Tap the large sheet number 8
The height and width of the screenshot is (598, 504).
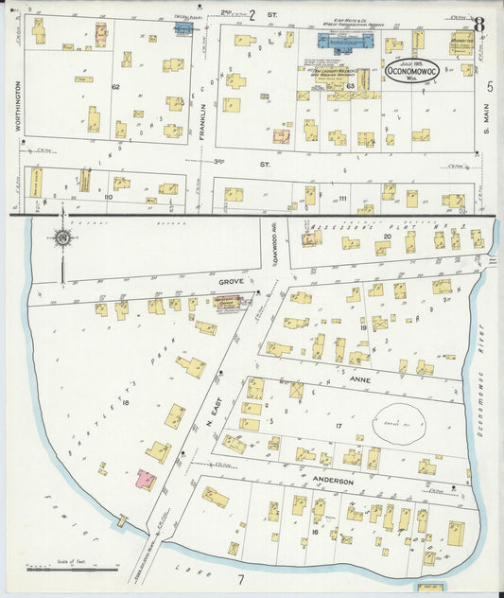479,25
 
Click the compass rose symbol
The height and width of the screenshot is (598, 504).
62,237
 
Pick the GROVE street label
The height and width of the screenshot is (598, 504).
232,282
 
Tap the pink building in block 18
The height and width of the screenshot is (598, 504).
147,480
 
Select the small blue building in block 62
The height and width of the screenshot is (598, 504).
182,29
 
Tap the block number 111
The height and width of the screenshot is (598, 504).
342,197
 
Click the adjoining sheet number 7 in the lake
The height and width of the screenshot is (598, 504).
241,578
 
